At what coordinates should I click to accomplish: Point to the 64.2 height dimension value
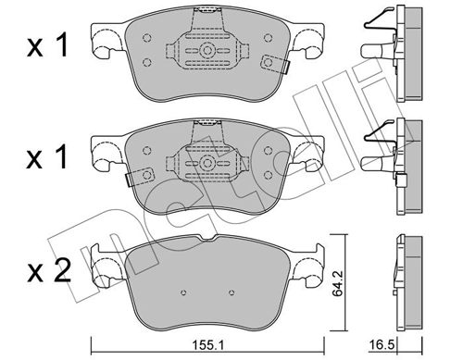coord(340,278)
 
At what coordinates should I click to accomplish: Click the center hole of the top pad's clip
coord(208,51)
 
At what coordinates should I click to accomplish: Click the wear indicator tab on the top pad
coord(275,64)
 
